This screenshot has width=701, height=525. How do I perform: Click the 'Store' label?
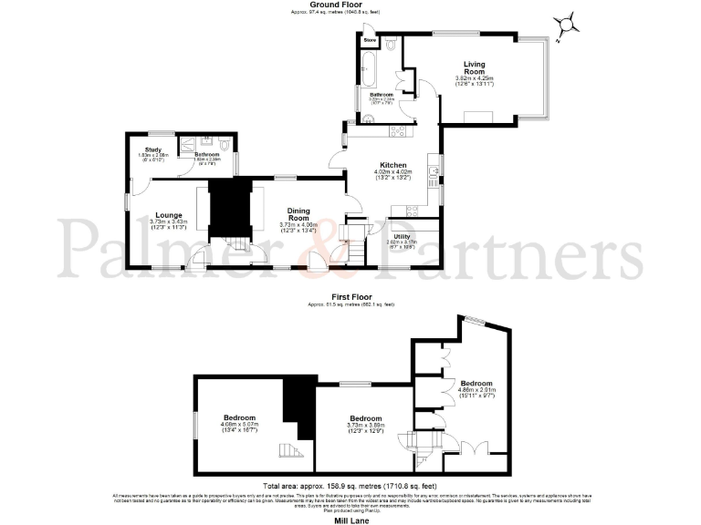point(371,41)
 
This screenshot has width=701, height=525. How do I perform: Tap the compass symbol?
point(570,23)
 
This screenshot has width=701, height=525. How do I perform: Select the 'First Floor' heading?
point(350,297)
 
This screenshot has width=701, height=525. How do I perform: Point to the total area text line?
point(350,486)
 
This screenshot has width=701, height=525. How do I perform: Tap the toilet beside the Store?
point(390,44)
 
